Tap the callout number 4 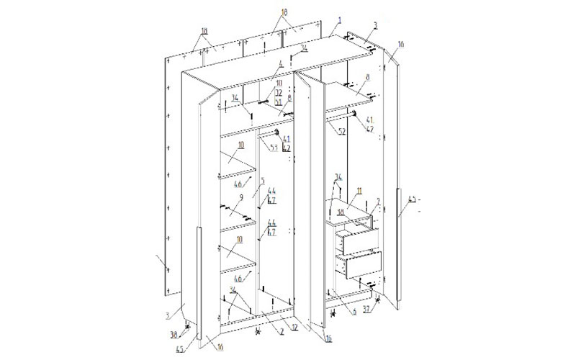[280, 66]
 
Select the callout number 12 [274, 325]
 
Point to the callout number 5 [264, 181]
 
